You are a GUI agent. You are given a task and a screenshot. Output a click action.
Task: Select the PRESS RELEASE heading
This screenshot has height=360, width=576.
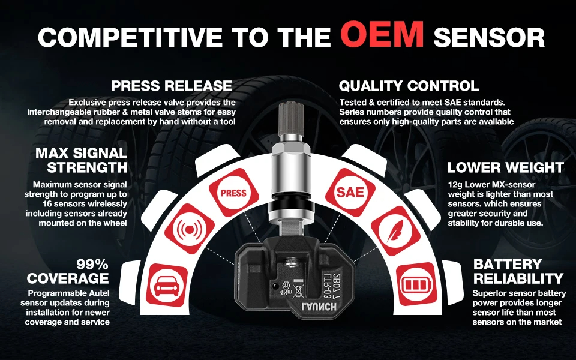(x=172, y=86)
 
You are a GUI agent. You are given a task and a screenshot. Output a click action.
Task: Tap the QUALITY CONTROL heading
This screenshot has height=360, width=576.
(x=409, y=86)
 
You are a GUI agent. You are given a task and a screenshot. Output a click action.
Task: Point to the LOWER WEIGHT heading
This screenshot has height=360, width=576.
(x=505, y=167)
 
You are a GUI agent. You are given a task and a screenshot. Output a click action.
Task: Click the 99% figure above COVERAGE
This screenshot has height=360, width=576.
(x=92, y=265)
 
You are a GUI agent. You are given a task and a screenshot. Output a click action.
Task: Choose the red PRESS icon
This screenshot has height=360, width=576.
(x=233, y=193)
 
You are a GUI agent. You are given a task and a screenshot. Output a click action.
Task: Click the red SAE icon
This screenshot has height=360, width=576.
(x=349, y=192)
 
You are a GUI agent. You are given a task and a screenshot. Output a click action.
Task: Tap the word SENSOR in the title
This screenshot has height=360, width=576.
(x=489, y=37)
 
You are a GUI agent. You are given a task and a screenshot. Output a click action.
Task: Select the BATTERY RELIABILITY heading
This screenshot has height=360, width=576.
(x=518, y=271)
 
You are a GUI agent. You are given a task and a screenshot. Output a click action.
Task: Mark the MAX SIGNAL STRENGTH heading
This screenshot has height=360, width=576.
(x=81, y=160)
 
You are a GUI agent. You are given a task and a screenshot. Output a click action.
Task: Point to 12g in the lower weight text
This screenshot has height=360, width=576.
(x=455, y=184)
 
